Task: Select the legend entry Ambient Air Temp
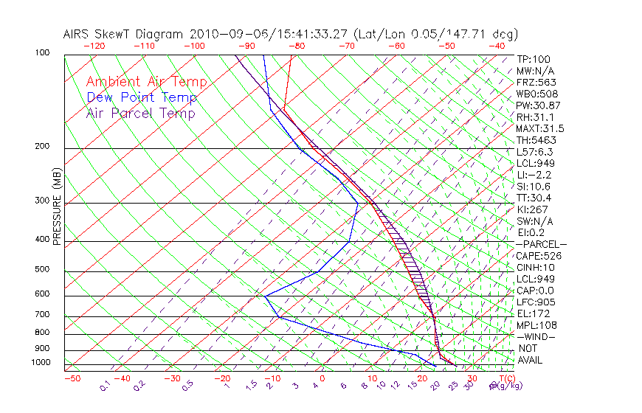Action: click(147, 82)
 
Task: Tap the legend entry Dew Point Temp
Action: click(142, 97)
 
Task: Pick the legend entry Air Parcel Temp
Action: click(141, 113)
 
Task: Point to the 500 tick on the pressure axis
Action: click(42, 270)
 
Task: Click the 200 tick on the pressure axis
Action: click(42, 146)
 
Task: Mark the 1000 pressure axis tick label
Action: click(40, 362)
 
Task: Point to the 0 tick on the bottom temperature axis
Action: click(322, 378)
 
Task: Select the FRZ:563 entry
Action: click(536, 83)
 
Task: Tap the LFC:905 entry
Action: click(536, 302)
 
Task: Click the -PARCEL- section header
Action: click(542, 244)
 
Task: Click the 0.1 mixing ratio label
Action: click(106, 386)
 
